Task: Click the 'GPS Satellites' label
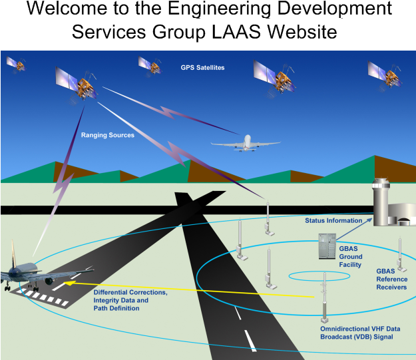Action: pos(202,68)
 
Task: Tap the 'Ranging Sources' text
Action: pos(108,135)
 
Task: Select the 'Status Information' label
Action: pos(333,220)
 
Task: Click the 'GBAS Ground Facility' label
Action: pos(350,256)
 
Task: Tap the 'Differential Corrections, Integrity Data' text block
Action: pos(130,300)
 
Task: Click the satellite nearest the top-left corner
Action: pos(16,64)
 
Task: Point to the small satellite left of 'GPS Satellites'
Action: pos(150,65)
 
